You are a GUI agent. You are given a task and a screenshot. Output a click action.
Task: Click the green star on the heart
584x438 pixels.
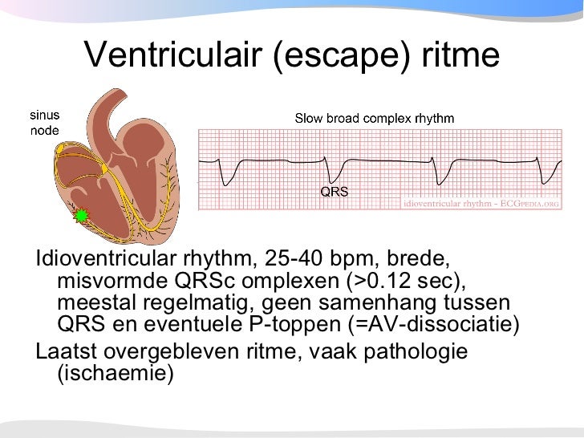80,215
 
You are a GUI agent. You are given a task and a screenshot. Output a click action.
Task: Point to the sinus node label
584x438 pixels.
45,123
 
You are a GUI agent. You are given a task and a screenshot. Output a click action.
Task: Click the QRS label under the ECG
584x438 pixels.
335,193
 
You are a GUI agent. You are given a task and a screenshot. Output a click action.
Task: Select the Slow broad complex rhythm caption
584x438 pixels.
375,119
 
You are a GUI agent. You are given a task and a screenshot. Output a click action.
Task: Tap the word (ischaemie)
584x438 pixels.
116,374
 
